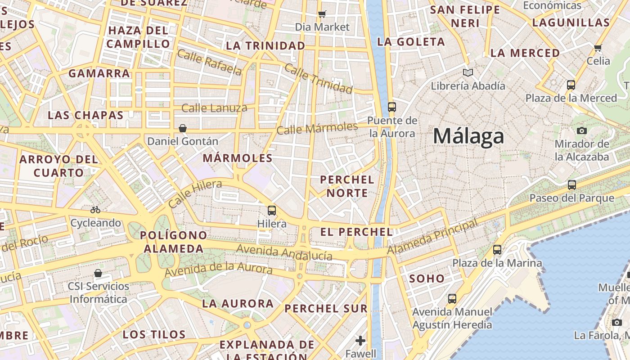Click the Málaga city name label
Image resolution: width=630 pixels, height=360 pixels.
coord(468,136)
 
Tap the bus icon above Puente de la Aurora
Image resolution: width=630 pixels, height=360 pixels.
coord(392,107)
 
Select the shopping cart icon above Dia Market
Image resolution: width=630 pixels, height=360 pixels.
coord(322,14)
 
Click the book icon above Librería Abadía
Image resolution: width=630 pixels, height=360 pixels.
coord(468,72)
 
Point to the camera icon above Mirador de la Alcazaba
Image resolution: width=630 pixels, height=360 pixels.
coord(581,130)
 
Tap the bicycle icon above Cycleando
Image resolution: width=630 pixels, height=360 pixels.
coord(95,210)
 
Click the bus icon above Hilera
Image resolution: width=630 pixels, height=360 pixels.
coord(272,210)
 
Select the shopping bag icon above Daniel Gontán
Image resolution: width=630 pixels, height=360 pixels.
coord(183,128)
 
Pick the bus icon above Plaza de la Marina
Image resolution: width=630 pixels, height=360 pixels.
coord(497,250)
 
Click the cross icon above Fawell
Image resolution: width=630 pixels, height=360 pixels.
coord(360,341)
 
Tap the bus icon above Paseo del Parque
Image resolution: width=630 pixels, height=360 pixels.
coord(571,184)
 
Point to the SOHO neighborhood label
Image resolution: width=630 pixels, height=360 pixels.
coord(427,279)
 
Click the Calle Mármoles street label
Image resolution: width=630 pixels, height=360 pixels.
coord(317,128)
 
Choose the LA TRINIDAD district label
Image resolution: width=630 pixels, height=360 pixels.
coord(265,45)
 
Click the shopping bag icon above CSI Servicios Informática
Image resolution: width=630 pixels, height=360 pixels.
coord(98,273)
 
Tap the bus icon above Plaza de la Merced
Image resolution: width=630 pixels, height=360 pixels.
coord(571,85)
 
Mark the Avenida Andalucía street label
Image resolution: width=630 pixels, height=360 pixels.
coord(284,252)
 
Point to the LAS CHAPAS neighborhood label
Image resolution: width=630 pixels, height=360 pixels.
coord(85,115)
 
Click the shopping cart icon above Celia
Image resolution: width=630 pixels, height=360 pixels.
coord(598,48)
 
